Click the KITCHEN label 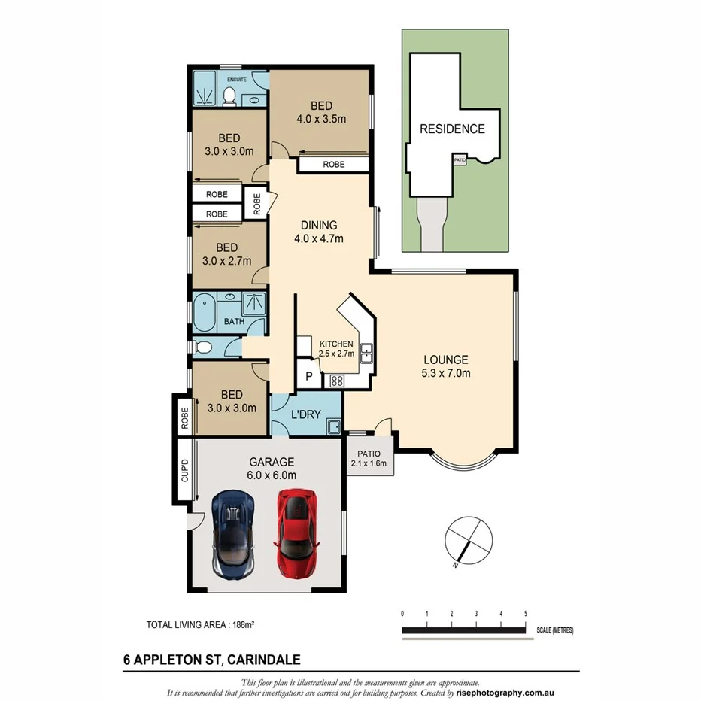point(335,344)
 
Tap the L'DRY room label point(306,414)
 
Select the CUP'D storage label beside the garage point(184,472)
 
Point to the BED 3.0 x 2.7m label point(226,254)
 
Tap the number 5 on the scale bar point(525,614)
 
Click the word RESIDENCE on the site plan point(451,129)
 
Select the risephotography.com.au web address point(506,693)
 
